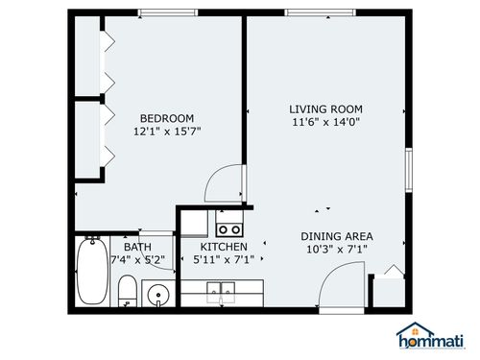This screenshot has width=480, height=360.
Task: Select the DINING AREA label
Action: [x=336, y=236]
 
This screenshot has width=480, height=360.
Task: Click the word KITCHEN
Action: [x=224, y=247]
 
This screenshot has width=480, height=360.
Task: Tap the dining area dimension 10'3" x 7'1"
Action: [x=336, y=250]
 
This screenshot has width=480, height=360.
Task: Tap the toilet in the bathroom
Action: [x=126, y=291]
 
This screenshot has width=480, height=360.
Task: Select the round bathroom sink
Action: [x=158, y=293]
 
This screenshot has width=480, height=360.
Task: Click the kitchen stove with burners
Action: [x=228, y=228]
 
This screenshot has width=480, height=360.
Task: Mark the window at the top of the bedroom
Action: [x=168, y=13]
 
